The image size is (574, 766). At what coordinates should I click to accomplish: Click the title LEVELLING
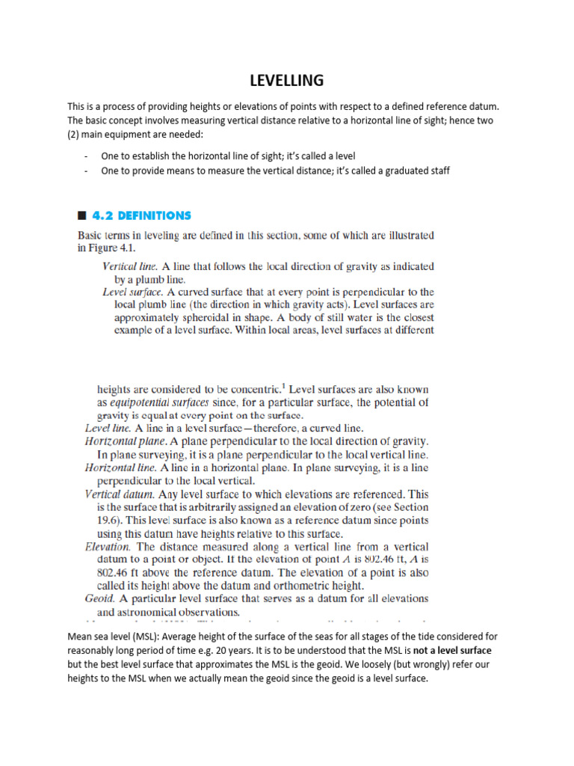click(286, 79)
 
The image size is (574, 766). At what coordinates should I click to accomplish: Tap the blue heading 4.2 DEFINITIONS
click(141, 215)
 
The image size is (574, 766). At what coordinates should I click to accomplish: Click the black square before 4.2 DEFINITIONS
click(82, 216)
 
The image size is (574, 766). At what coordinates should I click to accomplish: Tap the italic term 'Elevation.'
click(110, 547)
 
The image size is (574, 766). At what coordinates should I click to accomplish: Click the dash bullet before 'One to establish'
click(87, 156)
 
